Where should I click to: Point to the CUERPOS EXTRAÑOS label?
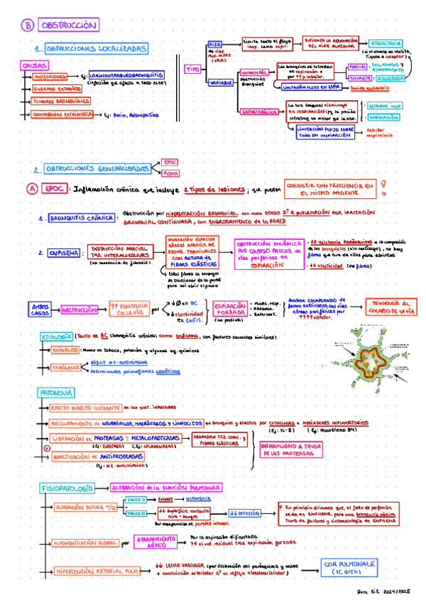point(57,89)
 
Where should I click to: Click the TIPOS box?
point(193,70)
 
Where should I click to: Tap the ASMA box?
point(170,173)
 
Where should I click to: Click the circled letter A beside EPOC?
point(29,190)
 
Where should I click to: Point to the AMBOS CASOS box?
point(40,310)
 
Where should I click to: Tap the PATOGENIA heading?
point(54,393)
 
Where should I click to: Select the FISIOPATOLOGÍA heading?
point(65,489)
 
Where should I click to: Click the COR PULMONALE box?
point(344,567)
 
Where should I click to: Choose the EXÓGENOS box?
point(65,349)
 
